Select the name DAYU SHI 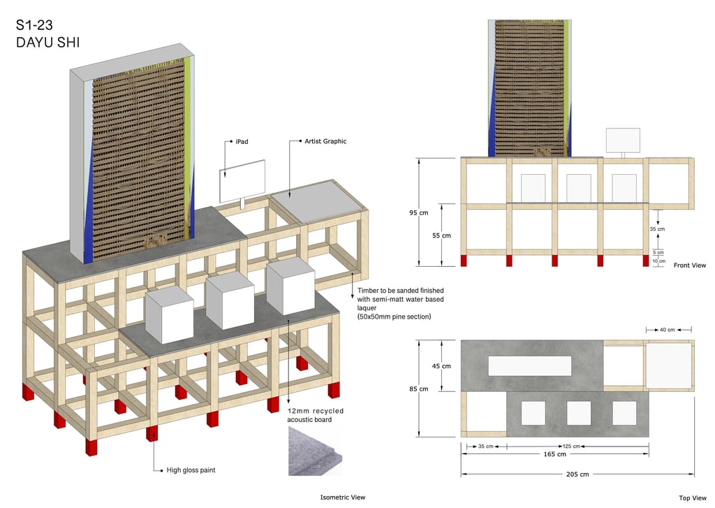[x=47, y=43]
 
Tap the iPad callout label [x=242, y=141]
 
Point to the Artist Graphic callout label [x=325, y=141]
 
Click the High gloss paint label [x=191, y=470]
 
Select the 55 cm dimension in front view [x=441, y=235]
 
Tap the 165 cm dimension [x=555, y=454]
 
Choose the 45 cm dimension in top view [x=441, y=366]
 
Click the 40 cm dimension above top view [x=668, y=329]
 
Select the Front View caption [x=689, y=266]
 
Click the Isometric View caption [x=342, y=498]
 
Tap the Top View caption [x=693, y=498]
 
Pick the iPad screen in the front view [x=623, y=140]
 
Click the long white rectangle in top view [x=530, y=365]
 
